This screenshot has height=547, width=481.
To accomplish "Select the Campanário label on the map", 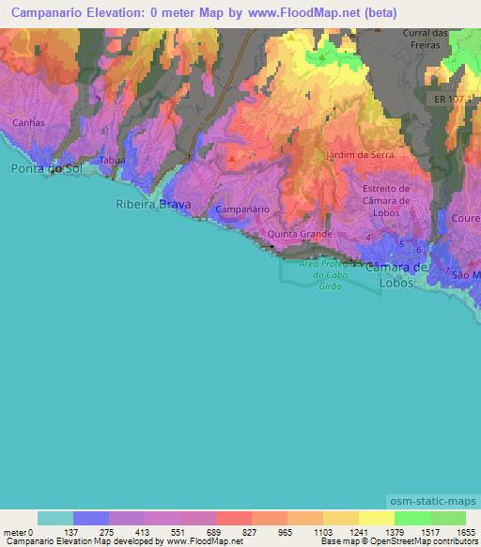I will [242, 209].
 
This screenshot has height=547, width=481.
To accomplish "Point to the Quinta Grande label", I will [297, 233].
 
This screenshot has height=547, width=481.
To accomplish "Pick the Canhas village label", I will [28, 122].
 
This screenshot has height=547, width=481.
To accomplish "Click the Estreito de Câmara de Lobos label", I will [386, 199].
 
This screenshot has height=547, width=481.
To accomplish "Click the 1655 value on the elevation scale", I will [466, 532].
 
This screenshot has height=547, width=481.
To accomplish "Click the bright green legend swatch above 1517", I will [411, 518].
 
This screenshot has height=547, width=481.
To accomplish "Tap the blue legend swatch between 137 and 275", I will [91, 518].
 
